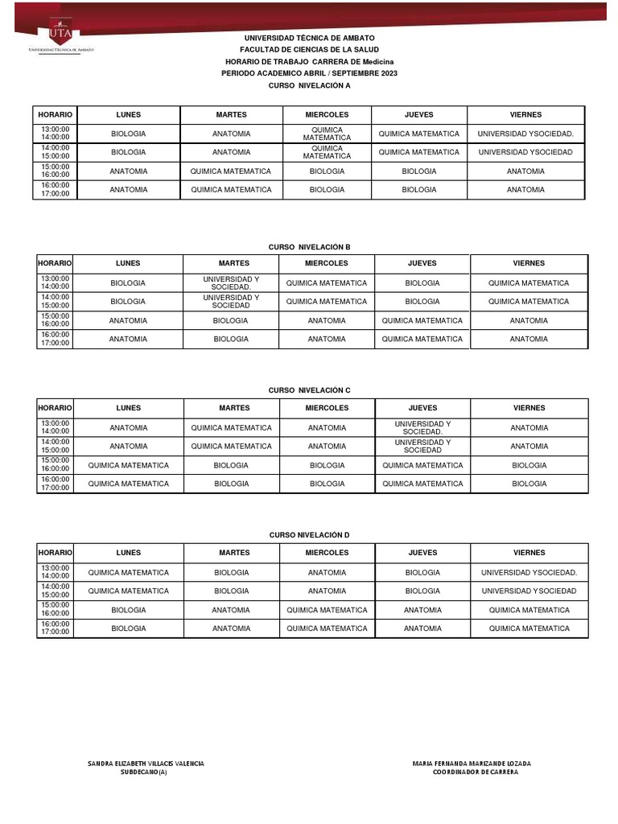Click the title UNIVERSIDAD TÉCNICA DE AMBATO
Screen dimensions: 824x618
tap(310, 38)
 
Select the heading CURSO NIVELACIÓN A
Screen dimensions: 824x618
tap(310, 85)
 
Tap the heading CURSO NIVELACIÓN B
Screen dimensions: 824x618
tap(310, 247)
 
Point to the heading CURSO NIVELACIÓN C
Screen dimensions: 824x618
tap(310, 389)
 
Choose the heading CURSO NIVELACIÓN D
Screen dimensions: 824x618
tap(310, 534)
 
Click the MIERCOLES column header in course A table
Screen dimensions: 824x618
tap(327, 115)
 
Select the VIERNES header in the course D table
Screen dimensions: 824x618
tap(529, 553)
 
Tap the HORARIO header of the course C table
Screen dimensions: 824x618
tap(56, 408)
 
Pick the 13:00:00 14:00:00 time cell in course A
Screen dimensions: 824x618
tap(56, 134)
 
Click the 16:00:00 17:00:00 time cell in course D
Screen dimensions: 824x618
tap(56, 628)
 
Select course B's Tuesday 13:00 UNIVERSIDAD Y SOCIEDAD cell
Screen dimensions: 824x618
tap(231, 282)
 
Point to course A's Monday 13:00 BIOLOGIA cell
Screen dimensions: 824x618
tap(128, 134)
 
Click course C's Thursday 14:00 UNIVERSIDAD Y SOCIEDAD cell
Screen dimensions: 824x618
tap(422, 446)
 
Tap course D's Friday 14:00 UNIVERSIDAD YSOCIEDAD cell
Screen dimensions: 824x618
tap(529, 591)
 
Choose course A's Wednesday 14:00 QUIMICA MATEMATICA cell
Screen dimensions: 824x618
tap(327, 152)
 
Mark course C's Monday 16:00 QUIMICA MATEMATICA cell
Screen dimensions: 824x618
tap(128, 484)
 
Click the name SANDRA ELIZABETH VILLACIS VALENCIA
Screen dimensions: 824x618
tap(145, 763)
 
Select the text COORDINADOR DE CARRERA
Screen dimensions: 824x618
tap(475, 772)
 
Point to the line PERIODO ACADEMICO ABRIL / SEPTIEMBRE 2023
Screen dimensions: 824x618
tap(310, 73)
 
